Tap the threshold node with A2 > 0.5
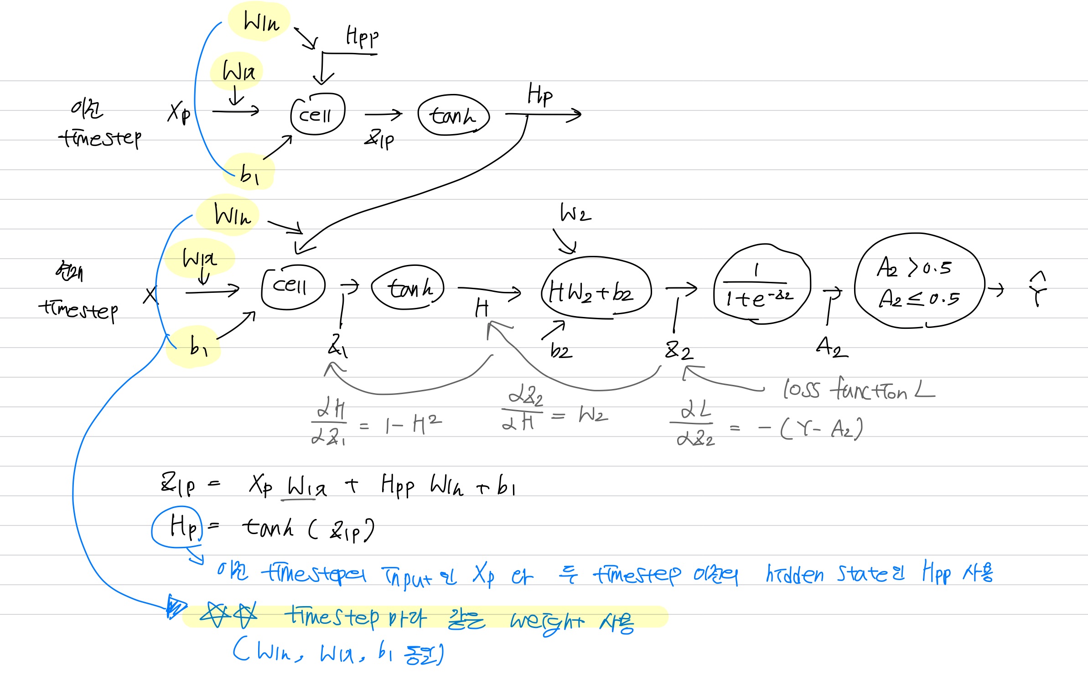point(917,282)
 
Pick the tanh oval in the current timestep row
point(408,287)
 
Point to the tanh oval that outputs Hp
point(453,115)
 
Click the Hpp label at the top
point(362,36)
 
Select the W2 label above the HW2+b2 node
point(575,213)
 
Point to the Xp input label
point(179,112)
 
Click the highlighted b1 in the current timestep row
point(197,347)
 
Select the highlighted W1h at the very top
point(261,21)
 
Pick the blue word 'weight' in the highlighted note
point(546,621)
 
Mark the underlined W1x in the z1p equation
point(306,486)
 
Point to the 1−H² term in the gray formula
point(413,425)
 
